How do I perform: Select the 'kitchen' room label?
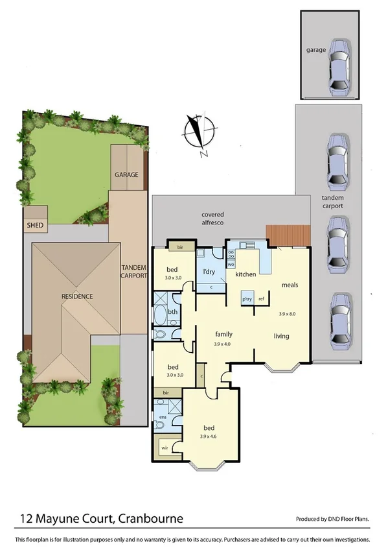point(246,275)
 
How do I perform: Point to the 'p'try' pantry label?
point(246,299)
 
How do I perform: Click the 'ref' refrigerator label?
point(261,299)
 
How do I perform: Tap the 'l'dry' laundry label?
point(209,271)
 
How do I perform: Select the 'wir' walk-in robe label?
point(165,447)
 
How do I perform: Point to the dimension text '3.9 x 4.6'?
point(209,436)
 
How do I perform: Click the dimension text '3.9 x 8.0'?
point(286,314)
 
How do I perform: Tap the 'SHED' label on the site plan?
point(34,226)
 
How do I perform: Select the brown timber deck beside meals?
point(288,235)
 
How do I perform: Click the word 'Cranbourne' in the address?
point(150,518)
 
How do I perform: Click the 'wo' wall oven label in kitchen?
point(231,265)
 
